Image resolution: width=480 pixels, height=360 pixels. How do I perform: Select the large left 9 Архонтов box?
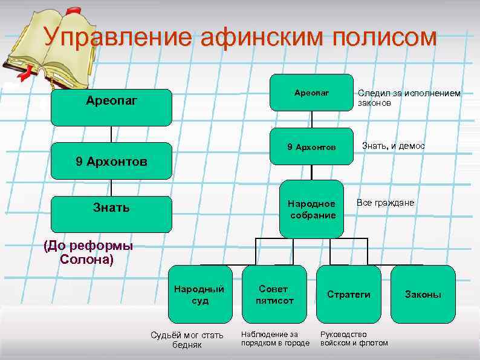pos(111,162)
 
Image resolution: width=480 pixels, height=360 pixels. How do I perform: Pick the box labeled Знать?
pos(111,208)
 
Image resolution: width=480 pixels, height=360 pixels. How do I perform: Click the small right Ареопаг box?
pos(311,93)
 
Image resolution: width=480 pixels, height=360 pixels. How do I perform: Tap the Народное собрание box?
pos(312,208)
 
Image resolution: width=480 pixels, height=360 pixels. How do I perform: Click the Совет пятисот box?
pos(274,294)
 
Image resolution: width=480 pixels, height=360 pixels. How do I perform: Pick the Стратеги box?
pos(348,294)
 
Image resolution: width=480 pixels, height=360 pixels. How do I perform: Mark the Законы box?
pos(423,294)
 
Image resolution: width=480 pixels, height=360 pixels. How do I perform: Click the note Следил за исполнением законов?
pos(409,98)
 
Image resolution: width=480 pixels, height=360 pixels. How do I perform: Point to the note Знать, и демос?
pos(393,146)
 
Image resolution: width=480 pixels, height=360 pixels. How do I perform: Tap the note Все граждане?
pos(385,203)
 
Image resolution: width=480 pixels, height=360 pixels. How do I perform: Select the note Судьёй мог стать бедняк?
pos(187,339)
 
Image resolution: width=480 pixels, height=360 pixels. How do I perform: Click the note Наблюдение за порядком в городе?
pos(274,338)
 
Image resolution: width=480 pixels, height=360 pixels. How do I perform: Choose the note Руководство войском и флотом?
pos(354,338)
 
